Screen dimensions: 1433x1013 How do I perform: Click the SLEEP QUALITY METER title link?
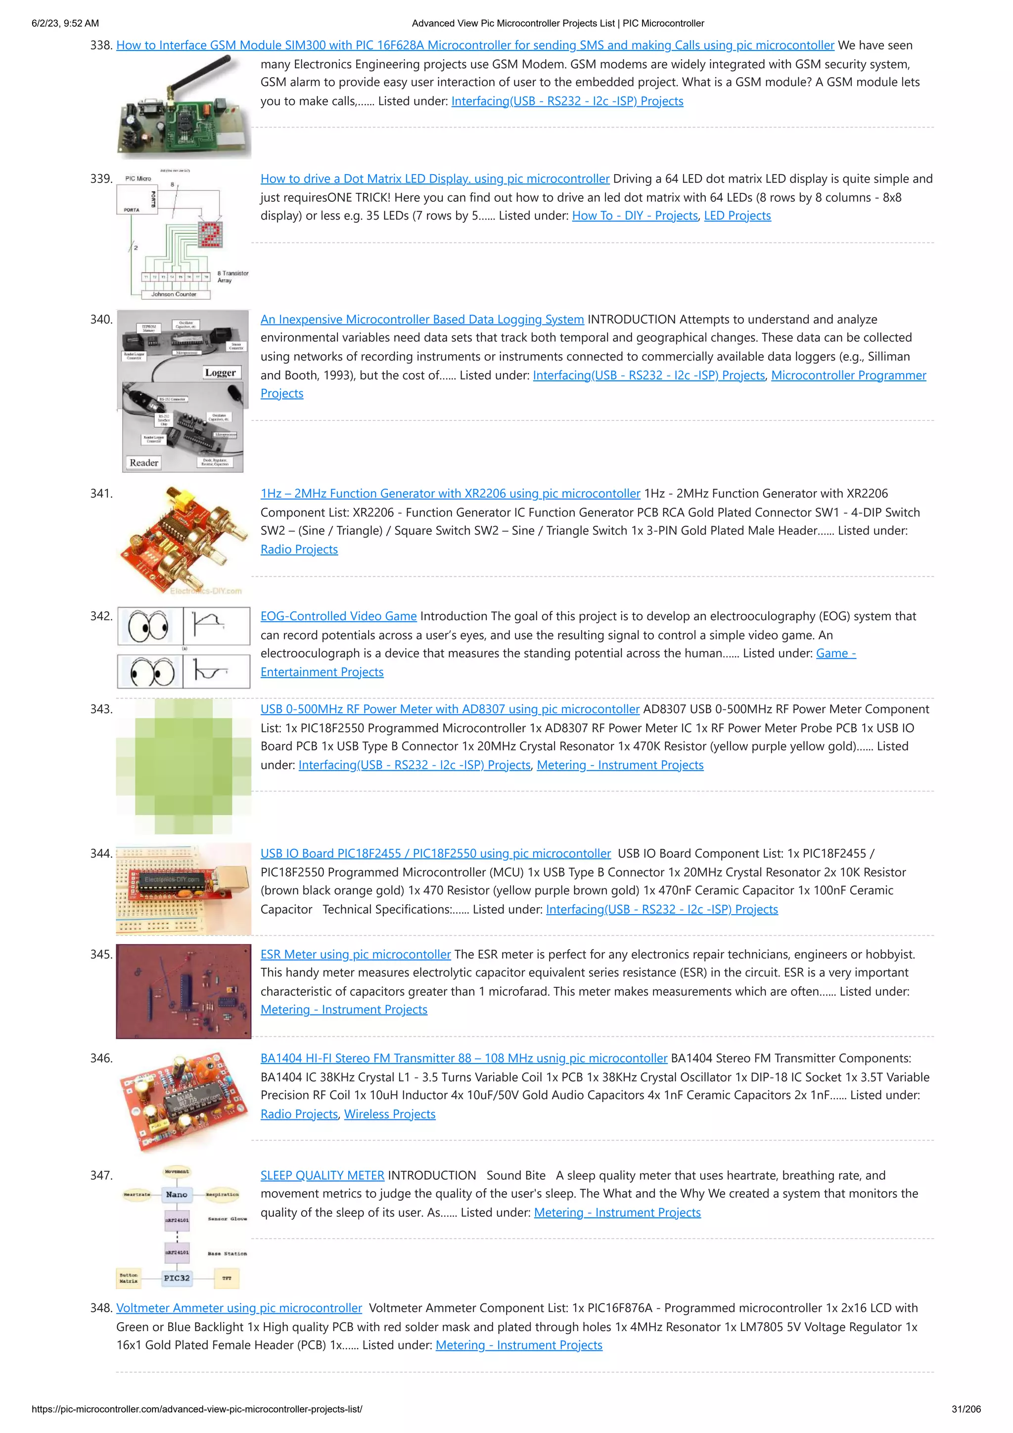(322, 1175)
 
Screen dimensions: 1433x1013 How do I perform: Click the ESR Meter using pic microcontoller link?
(355, 954)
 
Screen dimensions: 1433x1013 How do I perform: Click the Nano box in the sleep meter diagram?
(177, 1194)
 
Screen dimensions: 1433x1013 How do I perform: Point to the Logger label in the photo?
(220, 372)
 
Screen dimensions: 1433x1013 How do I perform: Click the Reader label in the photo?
(143, 462)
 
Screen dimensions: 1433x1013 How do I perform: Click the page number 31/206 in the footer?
(966, 1409)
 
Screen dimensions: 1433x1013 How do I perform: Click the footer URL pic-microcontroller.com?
(196, 1409)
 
